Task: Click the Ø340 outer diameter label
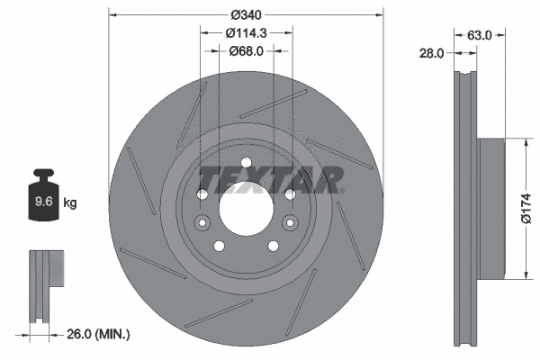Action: pyautogui.click(x=246, y=14)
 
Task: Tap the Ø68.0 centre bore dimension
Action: pyautogui.click(x=246, y=50)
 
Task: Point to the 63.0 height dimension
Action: pyautogui.click(x=478, y=36)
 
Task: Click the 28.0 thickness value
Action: pyautogui.click(x=433, y=54)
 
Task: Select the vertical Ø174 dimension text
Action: pyautogui.click(x=529, y=208)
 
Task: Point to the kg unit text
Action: pyautogui.click(x=70, y=203)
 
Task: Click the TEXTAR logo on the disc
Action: pyautogui.click(x=270, y=180)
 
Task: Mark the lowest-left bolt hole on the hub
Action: pyautogui.click(x=218, y=247)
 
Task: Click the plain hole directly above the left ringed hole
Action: pyautogui.click(x=202, y=195)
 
